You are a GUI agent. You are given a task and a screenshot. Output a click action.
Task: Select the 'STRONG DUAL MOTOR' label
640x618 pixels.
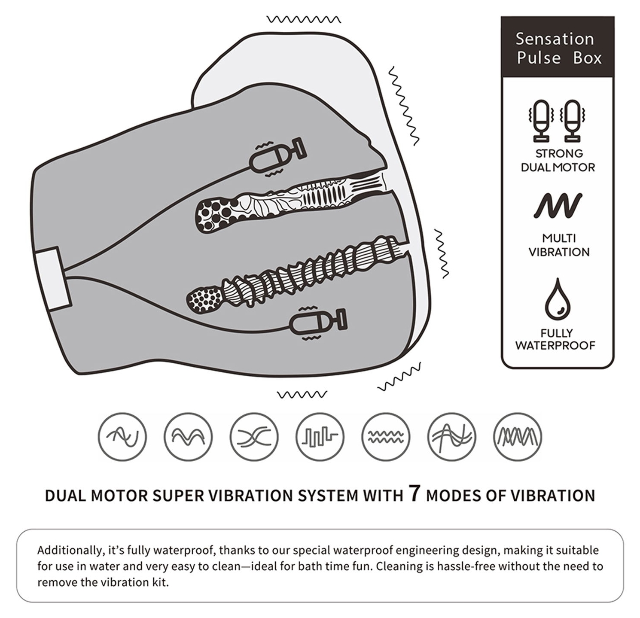click(x=558, y=160)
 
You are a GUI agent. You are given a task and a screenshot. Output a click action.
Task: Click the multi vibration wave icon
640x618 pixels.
click(x=558, y=206)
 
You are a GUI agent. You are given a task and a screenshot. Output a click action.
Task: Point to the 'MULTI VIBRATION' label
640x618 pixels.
click(x=558, y=245)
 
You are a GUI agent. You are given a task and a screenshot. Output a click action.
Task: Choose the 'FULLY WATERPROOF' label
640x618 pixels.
click(x=556, y=339)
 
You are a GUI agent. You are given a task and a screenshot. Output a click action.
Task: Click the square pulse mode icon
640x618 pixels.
click(x=320, y=437)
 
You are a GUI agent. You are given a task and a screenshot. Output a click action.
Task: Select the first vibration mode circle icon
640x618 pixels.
click(x=122, y=437)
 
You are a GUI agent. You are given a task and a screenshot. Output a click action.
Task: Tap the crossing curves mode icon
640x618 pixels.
click(x=254, y=437)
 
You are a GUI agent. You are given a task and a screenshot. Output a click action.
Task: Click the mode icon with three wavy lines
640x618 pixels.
click(x=386, y=437)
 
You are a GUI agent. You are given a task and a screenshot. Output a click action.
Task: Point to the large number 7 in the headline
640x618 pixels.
click(x=414, y=493)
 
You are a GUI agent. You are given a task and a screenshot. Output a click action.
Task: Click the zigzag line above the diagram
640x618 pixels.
click(x=303, y=19)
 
